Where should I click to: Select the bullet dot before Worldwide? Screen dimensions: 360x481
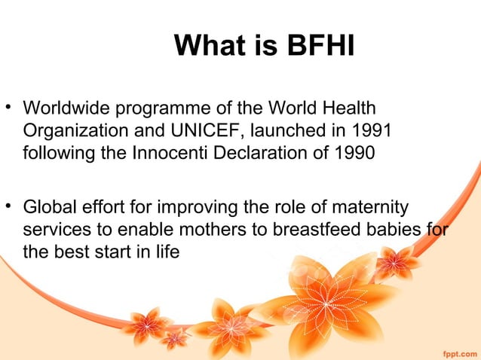tap(10, 108)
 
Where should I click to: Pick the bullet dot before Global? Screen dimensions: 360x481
tap(10, 206)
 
